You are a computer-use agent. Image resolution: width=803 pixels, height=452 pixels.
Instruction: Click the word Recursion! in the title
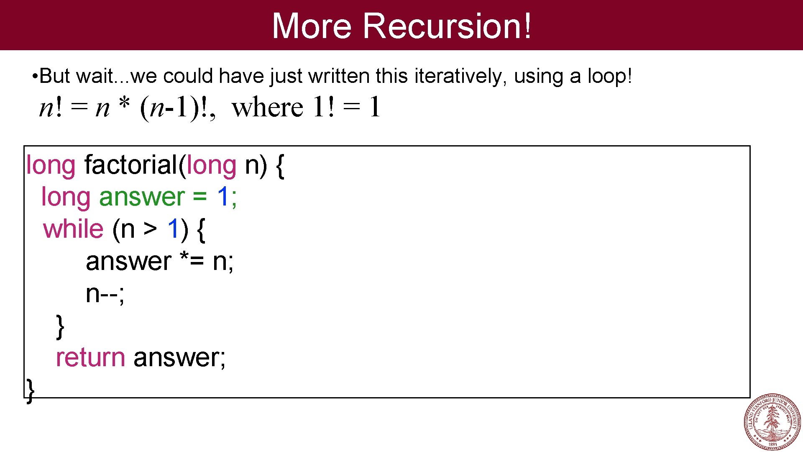coord(447,26)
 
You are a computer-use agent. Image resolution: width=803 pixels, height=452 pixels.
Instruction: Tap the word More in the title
coord(312,26)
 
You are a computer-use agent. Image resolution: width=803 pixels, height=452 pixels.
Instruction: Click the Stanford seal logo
coord(772,422)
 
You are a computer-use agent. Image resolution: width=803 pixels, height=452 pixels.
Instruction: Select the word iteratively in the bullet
coord(460,76)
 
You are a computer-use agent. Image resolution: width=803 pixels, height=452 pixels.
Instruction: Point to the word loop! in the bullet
coord(610,76)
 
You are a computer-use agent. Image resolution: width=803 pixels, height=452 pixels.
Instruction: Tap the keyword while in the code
coord(73,229)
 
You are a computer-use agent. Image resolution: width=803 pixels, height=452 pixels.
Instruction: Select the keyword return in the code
coord(90,358)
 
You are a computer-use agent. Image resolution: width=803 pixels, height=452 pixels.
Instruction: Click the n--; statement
coord(105,294)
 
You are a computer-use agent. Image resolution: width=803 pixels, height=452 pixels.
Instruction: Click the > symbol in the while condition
coord(150,229)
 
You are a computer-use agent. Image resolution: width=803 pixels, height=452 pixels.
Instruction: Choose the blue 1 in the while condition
coord(173,229)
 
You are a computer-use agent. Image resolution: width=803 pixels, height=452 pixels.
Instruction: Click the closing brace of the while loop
coord(60,326)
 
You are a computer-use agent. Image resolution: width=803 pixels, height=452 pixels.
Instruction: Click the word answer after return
coord(179,358)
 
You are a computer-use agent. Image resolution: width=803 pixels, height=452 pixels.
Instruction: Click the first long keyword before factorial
coord(51,165)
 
